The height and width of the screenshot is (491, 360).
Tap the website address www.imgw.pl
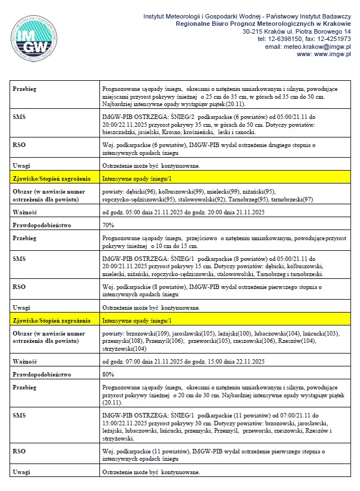331,54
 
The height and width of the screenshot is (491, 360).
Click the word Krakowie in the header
332,25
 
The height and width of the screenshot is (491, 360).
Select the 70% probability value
108,225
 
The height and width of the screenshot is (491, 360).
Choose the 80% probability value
108,373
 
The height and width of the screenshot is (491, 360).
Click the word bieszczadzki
121,132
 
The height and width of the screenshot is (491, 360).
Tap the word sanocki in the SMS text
244,132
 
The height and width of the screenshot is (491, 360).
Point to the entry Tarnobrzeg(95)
247,199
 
